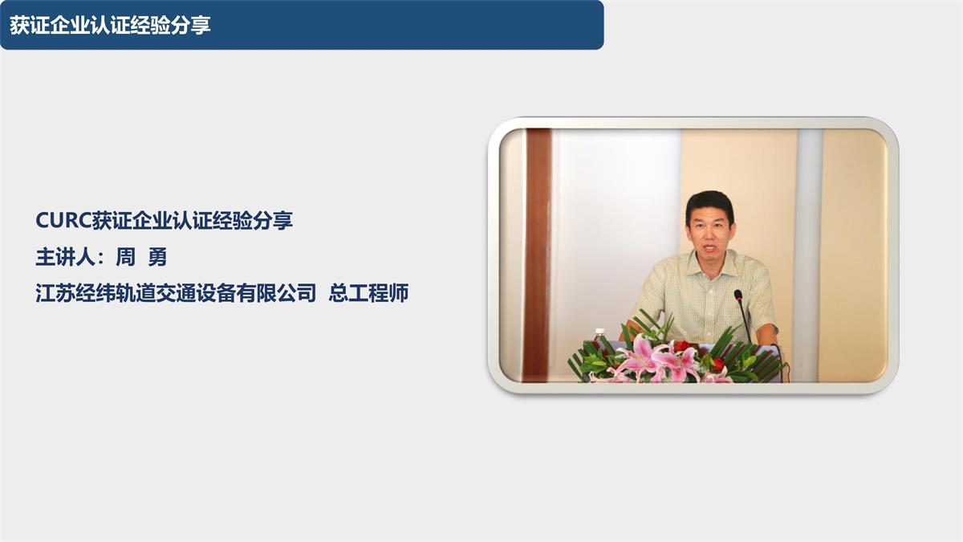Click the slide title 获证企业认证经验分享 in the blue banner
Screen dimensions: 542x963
pos(110,25)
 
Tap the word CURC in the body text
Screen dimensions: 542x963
pos(63,221)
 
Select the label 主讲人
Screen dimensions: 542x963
pos(63,258)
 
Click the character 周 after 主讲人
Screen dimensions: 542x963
pos(126,258)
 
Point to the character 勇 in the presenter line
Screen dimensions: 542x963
pos(157,258)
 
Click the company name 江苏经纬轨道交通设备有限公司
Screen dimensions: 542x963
pos(176,293)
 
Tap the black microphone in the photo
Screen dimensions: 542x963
pos(738,295)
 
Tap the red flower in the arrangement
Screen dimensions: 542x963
pos(683,346)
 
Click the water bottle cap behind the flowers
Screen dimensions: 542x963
pos(599,331)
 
